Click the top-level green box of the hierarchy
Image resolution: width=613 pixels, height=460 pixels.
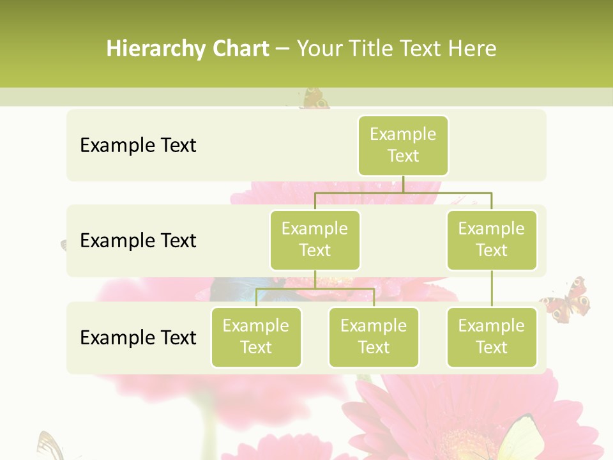(403, 145)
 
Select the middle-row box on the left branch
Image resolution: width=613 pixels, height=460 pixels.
(315, 240)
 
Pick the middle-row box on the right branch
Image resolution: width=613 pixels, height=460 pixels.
(492, 240)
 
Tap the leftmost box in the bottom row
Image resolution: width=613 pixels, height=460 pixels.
(256, 337)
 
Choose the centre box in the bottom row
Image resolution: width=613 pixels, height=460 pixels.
(374, 337)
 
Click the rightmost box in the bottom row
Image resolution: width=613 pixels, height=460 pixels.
(492, 337)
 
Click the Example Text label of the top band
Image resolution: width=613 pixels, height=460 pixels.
(138, 145)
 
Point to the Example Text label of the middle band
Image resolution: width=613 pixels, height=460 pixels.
(138, 240)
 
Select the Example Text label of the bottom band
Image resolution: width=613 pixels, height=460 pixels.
(138, 337)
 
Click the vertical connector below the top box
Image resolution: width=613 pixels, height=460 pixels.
(403, 184)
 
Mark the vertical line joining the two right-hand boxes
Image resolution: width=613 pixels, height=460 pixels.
(492, 289)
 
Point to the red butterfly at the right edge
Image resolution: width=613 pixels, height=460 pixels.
(568, 299)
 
